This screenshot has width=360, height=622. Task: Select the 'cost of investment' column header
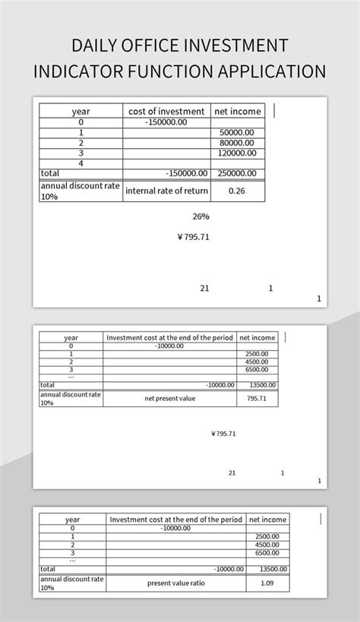(x=166, y=111)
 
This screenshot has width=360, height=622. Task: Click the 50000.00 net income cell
(x=237, y=132)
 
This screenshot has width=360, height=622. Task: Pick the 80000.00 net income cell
(x=237, y=142)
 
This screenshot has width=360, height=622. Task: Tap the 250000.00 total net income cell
(x=237, y=173)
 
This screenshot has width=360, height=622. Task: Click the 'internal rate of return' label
(x=166, y=191)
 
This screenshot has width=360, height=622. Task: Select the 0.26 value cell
(x=237, y=191)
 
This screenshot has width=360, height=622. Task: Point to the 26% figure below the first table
(x=201, y=216)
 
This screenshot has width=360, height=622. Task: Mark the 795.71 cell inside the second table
(x=257, y=398)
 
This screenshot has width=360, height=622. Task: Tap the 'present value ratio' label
(x=175, y=583)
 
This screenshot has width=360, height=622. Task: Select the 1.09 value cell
(x=267, y=583)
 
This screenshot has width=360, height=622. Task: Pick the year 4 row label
(x=81, y=163)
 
